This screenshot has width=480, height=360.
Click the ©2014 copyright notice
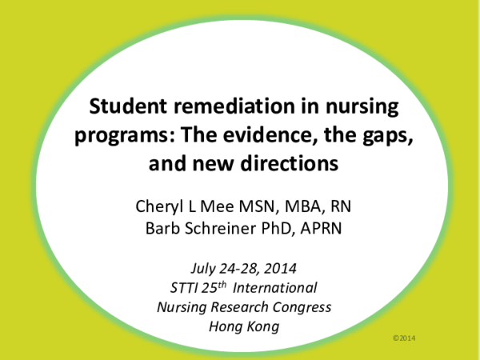pos(405,339)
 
